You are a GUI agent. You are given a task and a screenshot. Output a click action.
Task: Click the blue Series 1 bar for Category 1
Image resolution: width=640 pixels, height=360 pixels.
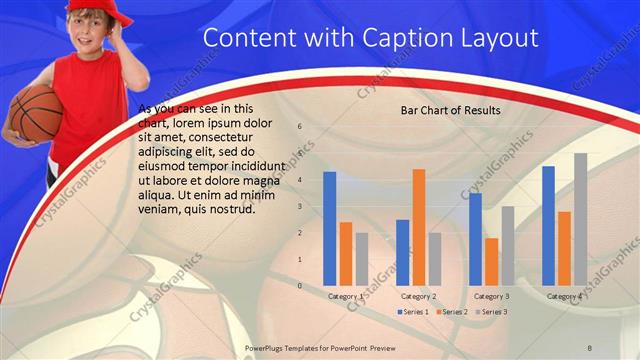click(x=330, y=229)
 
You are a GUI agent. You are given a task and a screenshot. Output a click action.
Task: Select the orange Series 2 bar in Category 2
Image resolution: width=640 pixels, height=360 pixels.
click(x=418, y=227)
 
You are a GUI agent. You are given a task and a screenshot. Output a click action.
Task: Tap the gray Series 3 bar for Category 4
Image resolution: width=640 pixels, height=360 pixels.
click(x=580, y=219)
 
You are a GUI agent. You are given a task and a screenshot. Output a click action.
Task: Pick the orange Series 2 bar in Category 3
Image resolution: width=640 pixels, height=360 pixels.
click(x=491, y=262)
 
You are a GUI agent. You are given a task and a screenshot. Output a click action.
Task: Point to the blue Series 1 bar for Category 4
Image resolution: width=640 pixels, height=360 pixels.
click(x=548, y=226)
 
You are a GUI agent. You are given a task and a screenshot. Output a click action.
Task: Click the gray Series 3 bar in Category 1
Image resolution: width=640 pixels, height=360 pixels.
click(x=362, y=259)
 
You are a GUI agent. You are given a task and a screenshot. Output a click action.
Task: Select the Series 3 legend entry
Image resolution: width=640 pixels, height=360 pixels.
click(x=490, y=311)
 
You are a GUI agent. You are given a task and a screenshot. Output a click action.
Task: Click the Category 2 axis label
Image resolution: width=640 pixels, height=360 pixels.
click(x=418, y=296)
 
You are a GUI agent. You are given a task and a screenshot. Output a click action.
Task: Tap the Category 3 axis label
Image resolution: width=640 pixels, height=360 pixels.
click(x=491, y=296)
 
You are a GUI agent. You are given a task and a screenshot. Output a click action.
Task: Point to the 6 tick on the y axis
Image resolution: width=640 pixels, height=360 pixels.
click(x=299, y=127)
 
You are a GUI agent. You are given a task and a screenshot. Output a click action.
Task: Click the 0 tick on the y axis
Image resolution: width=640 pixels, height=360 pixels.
click(x=299, y=286)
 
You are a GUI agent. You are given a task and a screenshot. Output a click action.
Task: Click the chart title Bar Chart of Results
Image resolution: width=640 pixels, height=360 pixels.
click(x=450, y=109)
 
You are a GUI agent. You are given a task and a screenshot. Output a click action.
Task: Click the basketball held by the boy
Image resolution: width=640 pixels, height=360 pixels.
click(x=36, y=112)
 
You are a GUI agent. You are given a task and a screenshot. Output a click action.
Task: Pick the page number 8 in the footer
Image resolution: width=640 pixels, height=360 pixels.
click(x=590, y=346)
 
